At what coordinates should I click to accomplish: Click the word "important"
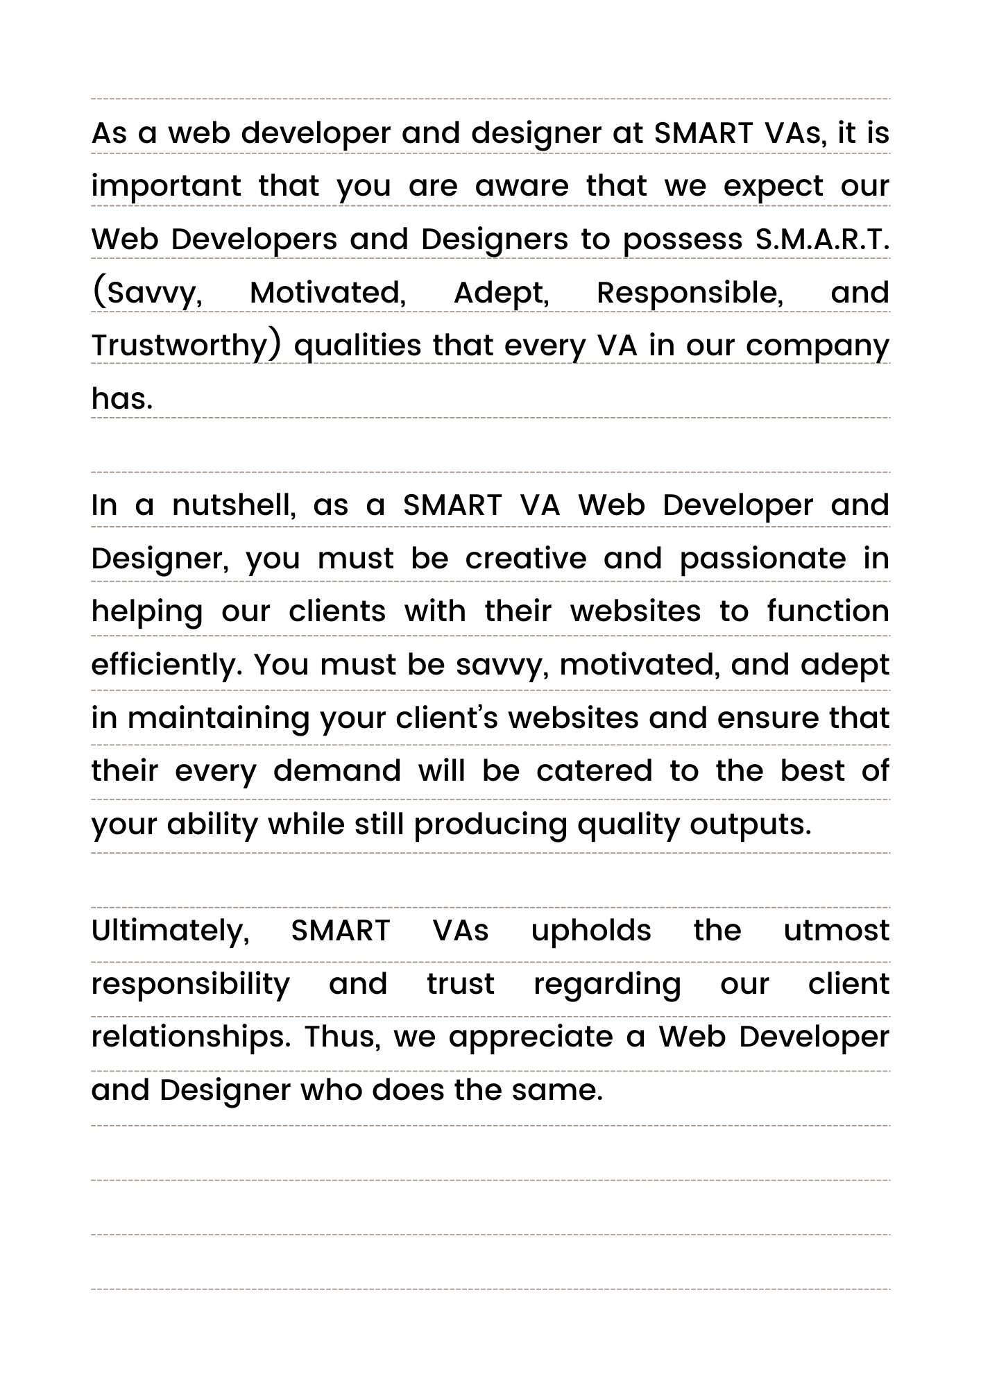(167, 186)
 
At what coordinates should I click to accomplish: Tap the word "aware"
(522, 186)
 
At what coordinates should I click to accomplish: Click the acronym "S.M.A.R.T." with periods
(821, 239)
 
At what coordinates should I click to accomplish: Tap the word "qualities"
(357, 346)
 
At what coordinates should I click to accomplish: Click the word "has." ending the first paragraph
(122, 398)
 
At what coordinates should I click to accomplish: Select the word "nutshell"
(234, 505)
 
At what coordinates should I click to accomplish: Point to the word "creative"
(526, 559)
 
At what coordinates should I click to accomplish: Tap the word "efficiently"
(167, 666)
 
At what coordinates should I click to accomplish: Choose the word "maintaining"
(219, 718)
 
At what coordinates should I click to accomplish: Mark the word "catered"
(595, 771)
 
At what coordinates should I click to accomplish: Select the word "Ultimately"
(170, 931)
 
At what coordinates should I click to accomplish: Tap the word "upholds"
(591, 931)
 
